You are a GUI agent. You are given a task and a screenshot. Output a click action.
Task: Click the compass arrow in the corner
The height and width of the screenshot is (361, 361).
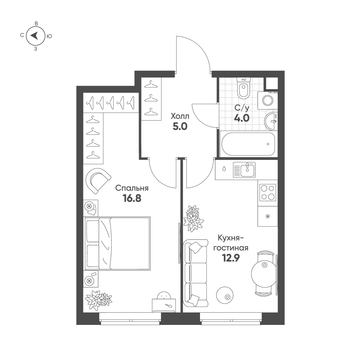pos(35,35)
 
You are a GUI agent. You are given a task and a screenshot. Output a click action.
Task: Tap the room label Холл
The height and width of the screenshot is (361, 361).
pos(180,116)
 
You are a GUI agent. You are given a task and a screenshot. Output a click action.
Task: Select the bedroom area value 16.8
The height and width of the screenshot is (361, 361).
pos(132,199)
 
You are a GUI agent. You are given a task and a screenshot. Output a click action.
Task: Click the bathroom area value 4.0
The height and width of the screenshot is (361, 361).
pos(242,118)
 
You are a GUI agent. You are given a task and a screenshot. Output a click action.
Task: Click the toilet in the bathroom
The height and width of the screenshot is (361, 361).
pos(244,88)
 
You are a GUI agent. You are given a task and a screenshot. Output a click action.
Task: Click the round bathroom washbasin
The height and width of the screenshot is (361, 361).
pos(270,121)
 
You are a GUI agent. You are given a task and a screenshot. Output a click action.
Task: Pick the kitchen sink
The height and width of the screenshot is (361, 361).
pos(244,170)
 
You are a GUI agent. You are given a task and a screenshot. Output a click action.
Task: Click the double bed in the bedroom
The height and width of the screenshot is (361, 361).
pos(117,243)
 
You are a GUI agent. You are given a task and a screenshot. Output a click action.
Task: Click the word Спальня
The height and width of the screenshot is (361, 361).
pos(132,188)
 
